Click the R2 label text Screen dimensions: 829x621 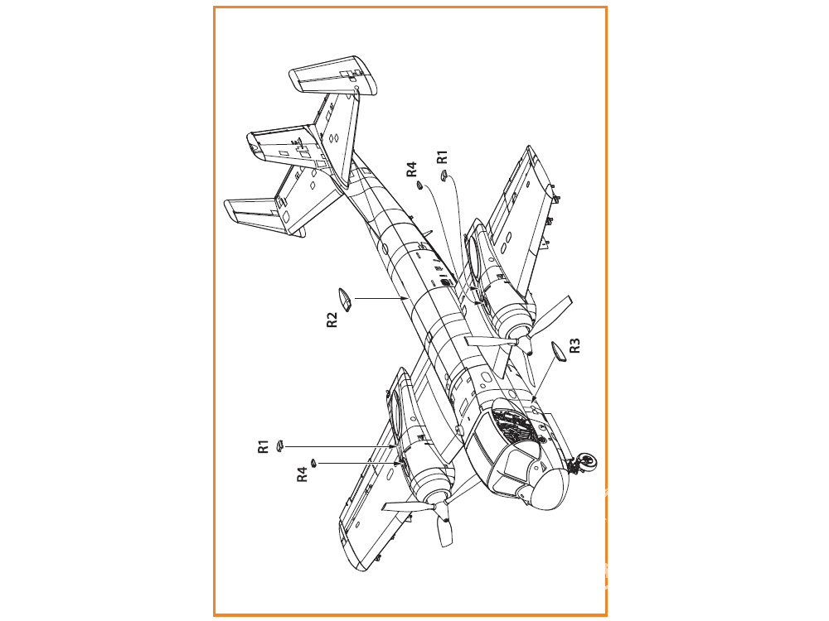332,320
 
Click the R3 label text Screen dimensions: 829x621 574,346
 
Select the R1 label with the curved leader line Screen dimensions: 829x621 442,156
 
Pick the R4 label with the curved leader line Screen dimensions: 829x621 411,169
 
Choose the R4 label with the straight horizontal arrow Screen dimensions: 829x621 302,474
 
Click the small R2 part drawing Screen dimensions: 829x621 345,300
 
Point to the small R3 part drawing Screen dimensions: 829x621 558,352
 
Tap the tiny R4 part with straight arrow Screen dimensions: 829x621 313,463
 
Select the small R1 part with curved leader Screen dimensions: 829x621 444,176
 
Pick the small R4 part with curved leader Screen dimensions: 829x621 419,185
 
